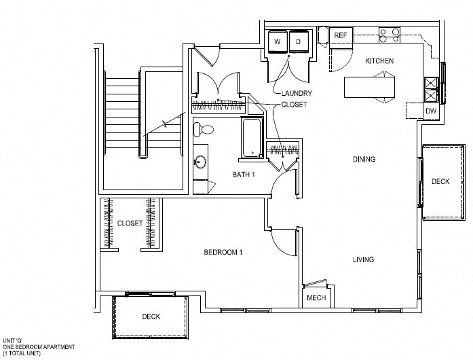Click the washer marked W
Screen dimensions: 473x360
(278, 41)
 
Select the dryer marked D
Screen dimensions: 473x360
(299, 41)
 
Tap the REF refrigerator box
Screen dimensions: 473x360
(341, 35)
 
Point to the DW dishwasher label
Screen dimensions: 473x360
(431, 111)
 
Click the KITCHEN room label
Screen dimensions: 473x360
(379, 61)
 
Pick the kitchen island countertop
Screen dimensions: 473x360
(370, 87)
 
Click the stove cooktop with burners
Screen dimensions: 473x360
(390, 35)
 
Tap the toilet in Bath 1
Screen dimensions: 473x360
(204, 130)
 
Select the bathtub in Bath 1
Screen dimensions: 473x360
(252, 138)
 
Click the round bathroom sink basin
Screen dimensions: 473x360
(200, 161)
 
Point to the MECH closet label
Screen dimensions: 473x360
(316, 298)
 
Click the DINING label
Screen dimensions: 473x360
(364, 159)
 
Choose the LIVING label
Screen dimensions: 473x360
(364, 259)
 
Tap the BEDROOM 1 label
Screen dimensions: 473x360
(223, 252)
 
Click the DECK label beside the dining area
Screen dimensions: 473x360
(440, 181)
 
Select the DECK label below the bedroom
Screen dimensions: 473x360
(151, 317)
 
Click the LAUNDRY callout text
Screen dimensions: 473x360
(297, 93)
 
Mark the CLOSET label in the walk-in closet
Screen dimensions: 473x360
(130, 223)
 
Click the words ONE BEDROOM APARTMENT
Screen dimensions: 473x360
(39, 347)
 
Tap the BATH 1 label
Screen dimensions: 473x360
(244, 175)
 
